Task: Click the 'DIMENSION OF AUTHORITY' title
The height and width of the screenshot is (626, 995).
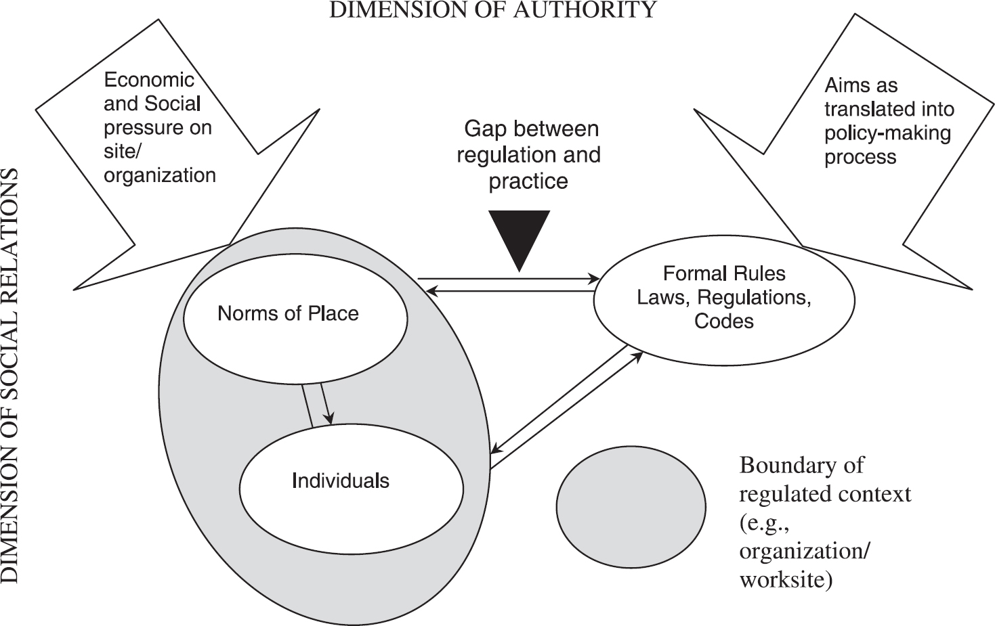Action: (492, 9)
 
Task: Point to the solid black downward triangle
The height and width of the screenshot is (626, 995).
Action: (520, 236)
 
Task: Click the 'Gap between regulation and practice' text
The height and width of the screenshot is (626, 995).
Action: (528, 155)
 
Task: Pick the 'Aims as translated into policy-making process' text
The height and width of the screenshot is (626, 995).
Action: (888, 121)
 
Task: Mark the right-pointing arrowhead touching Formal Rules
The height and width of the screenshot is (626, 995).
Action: (593, 278)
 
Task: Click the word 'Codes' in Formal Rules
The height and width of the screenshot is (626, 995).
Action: (723, 321)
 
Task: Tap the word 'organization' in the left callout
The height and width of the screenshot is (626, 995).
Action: (160, 175)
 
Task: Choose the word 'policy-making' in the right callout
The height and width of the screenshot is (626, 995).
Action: (887, 133)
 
